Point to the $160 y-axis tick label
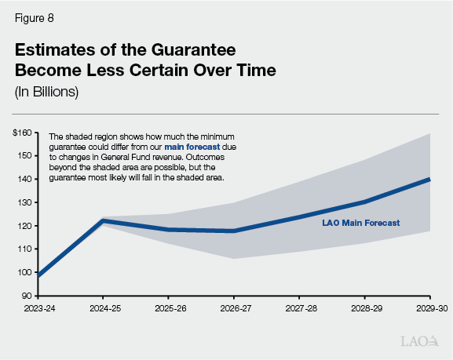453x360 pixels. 22,133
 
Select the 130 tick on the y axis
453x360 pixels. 24,202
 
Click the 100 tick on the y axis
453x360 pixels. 24,272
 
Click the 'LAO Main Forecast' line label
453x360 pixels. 361,223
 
